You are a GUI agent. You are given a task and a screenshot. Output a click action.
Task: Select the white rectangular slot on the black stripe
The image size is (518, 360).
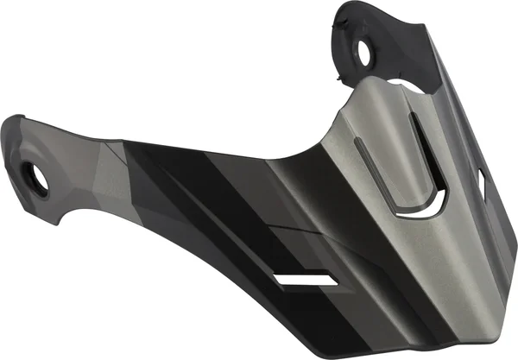pyautogui.click(x=303, y=281)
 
